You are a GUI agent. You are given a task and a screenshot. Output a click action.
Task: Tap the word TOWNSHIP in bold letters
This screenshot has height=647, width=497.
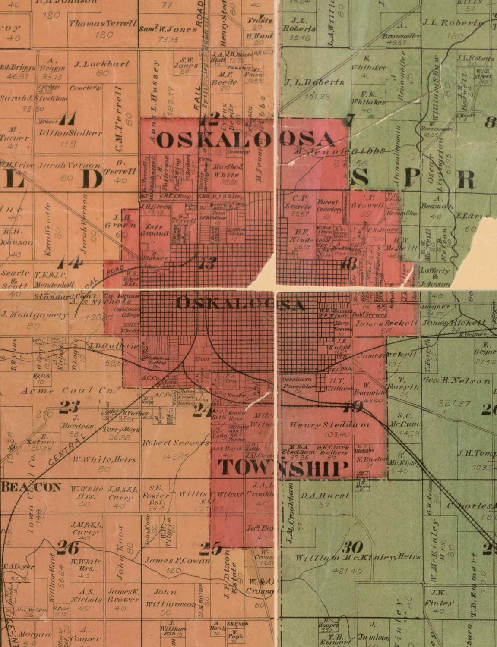pyautogui.click(x=282, y=468)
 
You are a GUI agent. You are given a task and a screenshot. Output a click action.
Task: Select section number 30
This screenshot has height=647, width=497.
pyautogui.click(x=352, y=547)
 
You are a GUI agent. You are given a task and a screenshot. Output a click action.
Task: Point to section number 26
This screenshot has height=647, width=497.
pyautogui.click(x=68, y=548)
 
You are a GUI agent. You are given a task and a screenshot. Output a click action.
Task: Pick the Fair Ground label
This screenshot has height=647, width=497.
pyautogui.click(x=154, y=229)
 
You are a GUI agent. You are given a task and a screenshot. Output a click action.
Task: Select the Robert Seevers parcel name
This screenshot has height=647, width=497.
pyautogui.click(x=176, y=443)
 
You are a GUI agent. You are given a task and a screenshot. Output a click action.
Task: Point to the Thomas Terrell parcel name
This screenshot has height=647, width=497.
pyautogui.click(x=103, y=23)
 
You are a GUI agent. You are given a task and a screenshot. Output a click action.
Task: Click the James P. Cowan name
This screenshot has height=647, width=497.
pyautogui.click(x=177, y=561)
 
